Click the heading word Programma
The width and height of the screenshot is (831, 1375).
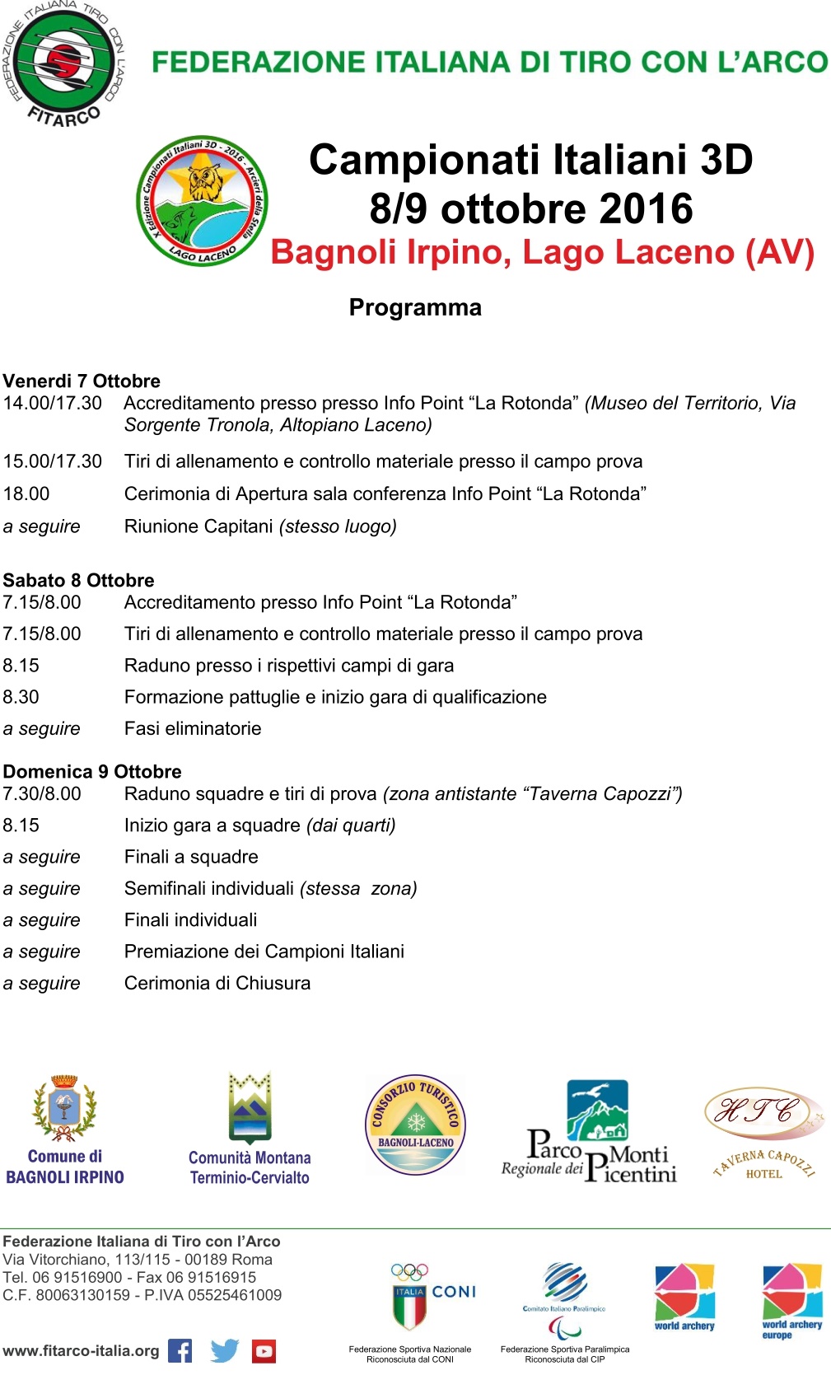(x=415, y=307)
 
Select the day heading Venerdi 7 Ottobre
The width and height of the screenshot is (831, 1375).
(x=82, y=381)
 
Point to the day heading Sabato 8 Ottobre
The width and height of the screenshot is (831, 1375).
(x=78, y=580)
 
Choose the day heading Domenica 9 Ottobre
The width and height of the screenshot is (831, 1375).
(x=92, y=771)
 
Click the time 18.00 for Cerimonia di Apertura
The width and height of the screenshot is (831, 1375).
(x=26, y=493)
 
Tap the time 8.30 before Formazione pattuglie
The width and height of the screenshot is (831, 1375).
(x=21, y=697)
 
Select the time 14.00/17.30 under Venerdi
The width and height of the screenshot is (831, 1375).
(x=53, y=403)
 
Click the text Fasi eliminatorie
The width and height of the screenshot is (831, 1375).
(x=193, y=728)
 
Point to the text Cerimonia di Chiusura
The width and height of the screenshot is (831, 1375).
(x=217, y=983)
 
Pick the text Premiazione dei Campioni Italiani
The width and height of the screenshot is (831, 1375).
(x=264, y=952)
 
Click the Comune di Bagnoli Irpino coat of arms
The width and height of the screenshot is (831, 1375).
(x=64, y=1109)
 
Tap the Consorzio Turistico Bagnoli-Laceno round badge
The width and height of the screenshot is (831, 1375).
(x=415, y=1124)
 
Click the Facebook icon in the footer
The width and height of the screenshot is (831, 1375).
(x=180, y=1351)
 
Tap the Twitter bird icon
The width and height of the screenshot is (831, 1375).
(x=224, y=1351)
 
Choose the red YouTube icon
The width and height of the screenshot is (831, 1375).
(x=264, y=1351)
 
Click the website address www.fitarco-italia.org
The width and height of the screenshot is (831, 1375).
(x=81, y=1351)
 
